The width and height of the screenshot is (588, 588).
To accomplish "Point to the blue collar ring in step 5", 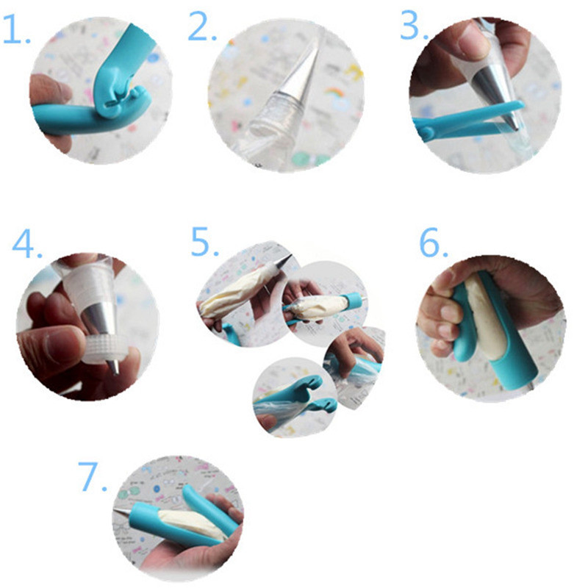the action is tap(354, 299).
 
